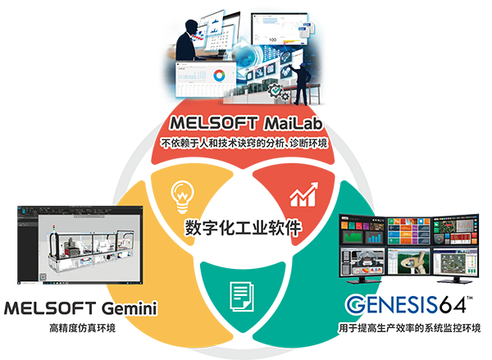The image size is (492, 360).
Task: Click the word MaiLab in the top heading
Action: point(294,125)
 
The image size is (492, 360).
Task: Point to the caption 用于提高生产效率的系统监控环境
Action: point(409,329)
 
